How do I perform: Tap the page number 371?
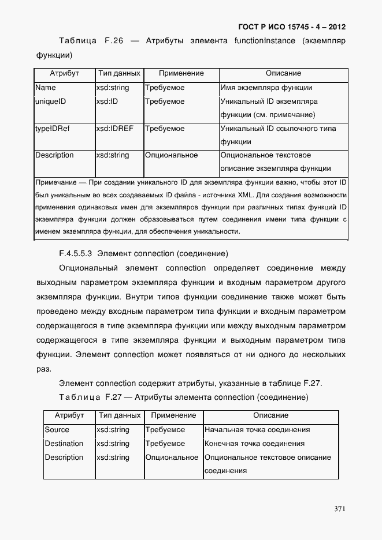(340, 509)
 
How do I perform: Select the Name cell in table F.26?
(46, 88)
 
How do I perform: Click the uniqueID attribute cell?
(51, 102)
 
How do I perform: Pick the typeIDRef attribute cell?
(53, 129)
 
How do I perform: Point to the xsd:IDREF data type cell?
(114, 129)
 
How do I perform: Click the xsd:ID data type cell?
(107, 102)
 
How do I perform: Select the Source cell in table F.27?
(57, 430)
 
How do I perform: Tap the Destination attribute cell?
(64, 444)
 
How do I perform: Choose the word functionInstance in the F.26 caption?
(265, 41)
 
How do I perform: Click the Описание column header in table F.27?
(270, 415)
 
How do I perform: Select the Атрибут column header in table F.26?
(64, 74)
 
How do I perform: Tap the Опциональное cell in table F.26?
(172, 155)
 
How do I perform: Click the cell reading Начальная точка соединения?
(257, 430)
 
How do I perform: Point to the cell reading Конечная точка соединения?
(254, 444)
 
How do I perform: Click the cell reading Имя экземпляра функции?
(266, 88)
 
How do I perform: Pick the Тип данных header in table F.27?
(120, 415)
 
